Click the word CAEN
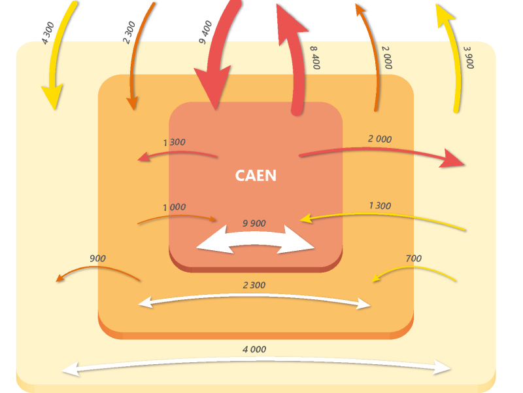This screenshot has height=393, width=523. (x=256, y=176)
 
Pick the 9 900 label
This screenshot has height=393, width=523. (x=254, y=223)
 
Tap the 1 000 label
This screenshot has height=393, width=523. (x=174, y=207)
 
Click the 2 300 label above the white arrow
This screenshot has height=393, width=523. (x=254, y=285)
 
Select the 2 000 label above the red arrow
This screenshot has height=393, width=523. (x=380, y=139)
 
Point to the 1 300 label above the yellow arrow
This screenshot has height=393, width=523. (x=380, y=206)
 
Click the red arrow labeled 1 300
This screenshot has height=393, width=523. (x=177, y=154)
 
